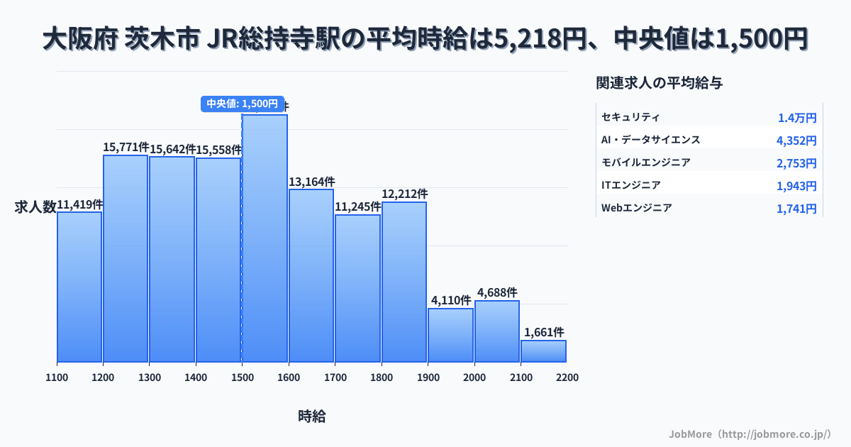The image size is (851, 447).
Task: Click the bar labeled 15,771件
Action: [126, 259]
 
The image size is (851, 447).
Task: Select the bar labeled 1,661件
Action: [543, 351]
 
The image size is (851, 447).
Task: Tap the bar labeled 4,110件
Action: [450, 335]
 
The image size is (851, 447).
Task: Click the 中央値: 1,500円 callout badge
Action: [242, 104]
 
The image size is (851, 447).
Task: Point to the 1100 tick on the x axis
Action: [57, 377]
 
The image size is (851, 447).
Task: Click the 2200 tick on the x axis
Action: [567, 377]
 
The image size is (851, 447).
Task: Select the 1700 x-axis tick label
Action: [335, 377]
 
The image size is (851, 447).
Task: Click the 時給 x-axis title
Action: [312, 416]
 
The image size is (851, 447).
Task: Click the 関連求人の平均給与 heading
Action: [660, 83]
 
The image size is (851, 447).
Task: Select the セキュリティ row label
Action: [630, 117]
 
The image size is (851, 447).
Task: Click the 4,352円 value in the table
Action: [796, 140]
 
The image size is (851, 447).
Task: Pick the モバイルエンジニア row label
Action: [645, 162]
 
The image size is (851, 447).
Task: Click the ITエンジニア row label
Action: [630, 185]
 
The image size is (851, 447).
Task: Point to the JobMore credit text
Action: [750, 434]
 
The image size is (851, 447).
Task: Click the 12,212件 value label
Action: [404, 194]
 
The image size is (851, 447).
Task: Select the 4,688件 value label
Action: [497, 292]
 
